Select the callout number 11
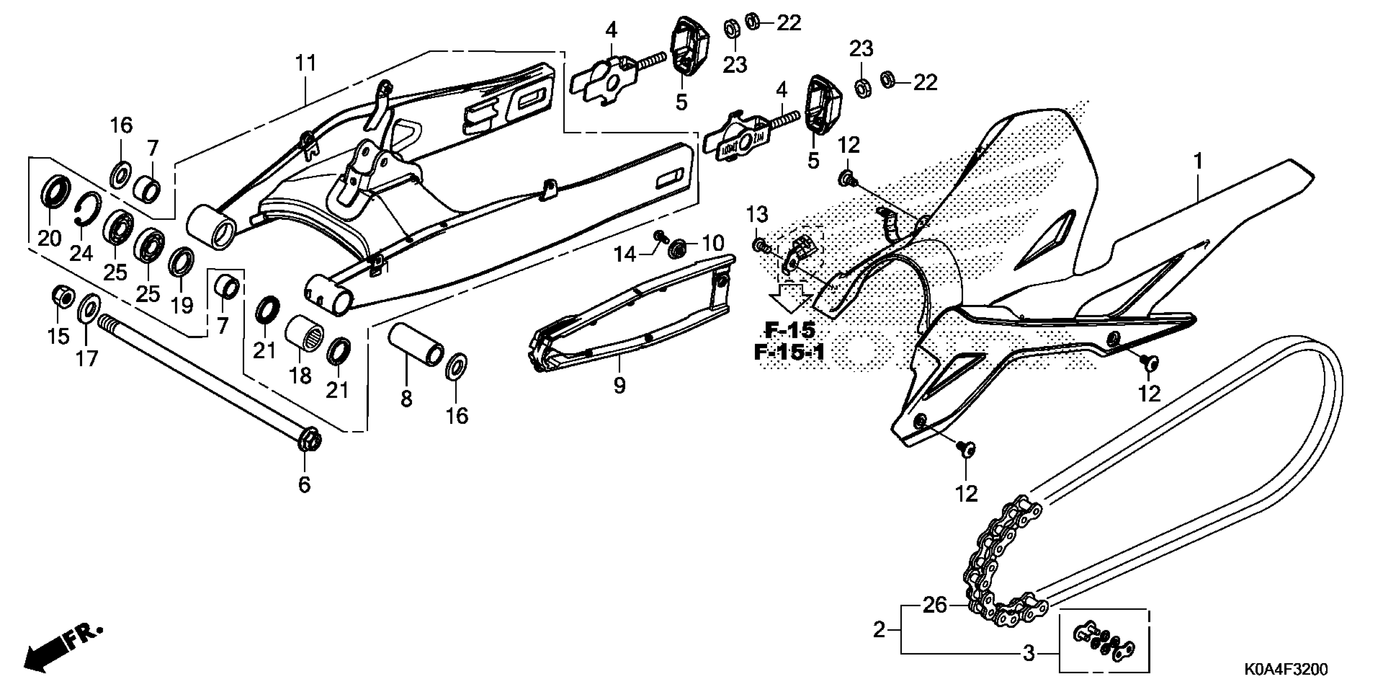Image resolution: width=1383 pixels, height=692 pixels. click(305, 64)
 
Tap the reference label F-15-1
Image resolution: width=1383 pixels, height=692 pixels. click(789, 353)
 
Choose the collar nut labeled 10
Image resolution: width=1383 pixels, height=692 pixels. click(678, 249)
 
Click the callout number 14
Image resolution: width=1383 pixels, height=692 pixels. click(624, 254)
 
